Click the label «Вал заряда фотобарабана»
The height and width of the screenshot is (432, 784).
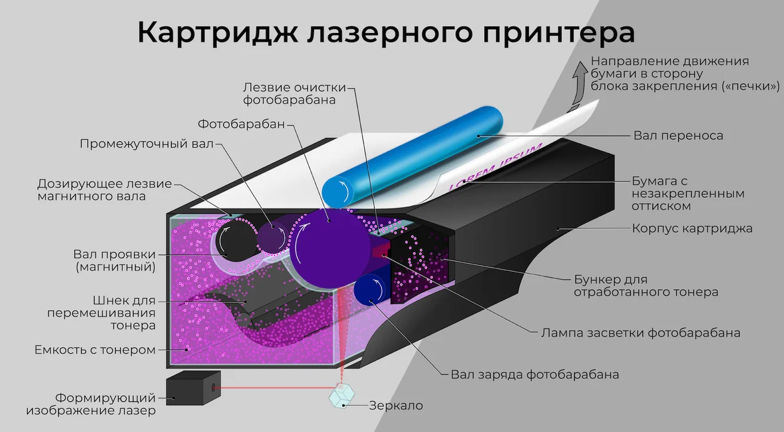pos(534,375)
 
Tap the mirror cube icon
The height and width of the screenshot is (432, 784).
pos(342,395)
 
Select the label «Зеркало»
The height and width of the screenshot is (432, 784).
pos(396,406)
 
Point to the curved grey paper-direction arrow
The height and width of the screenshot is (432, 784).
pos(576,84)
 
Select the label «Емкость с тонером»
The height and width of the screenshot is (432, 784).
pos(96,349)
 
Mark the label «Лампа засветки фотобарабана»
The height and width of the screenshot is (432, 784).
pos(640,332)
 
